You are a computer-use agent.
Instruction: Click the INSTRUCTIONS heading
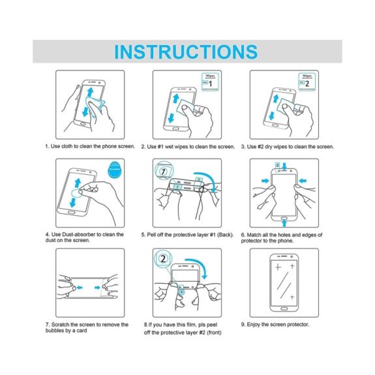click(186, 52)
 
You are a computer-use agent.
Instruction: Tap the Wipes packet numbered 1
click(210, 82)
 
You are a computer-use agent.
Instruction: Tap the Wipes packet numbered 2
click(307, 82)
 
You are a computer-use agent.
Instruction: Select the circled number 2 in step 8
click(163, 259)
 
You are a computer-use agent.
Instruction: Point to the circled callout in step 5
click(163, 172)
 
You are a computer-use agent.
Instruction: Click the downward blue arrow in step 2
click(171, 118)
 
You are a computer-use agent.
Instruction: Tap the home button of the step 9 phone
click(284, 308)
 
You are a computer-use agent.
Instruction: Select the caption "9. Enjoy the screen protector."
click(275, 325)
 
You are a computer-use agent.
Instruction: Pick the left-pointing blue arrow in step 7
click(79, 287)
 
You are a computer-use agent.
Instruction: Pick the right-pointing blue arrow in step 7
click(97, 287)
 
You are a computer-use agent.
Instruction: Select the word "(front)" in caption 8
click(214, 333)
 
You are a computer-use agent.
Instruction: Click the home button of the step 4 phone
click(72, 212)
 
